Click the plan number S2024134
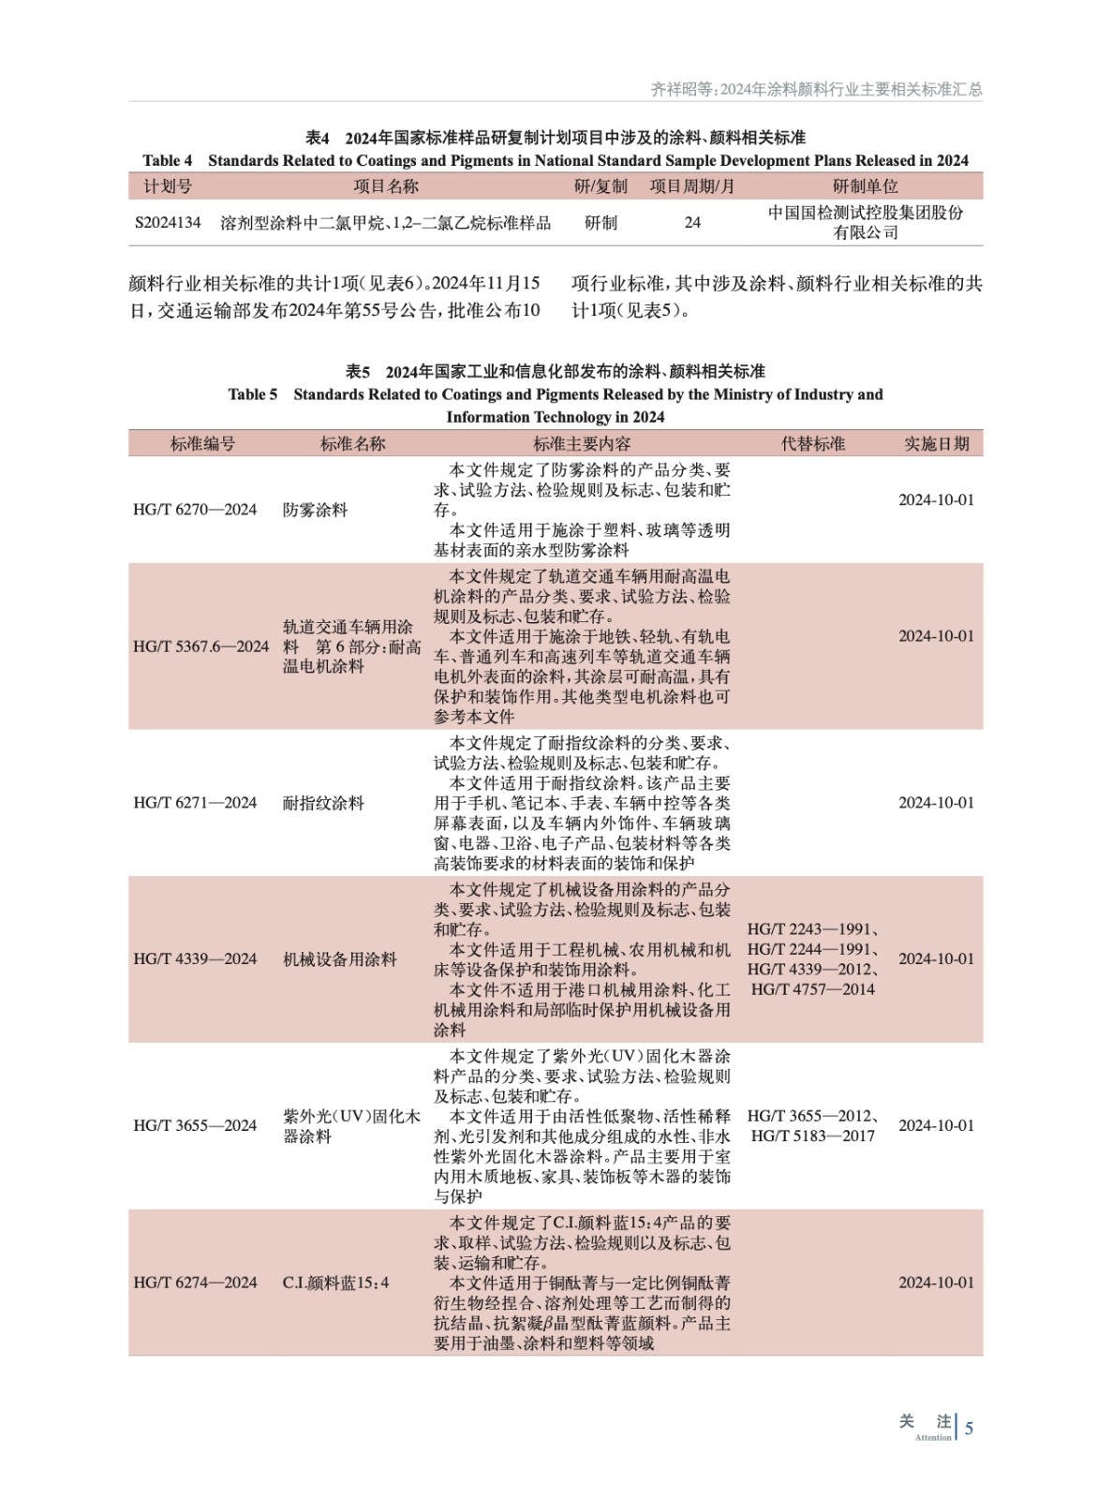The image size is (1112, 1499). tap(168, 223)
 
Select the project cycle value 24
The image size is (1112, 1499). tap(692, 223)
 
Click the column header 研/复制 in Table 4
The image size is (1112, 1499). tap(600, 186)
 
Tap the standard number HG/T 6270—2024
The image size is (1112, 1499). tap(195, 510)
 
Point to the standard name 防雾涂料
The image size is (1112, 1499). tap(315, 510)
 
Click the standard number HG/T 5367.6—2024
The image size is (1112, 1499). tap(200, 646)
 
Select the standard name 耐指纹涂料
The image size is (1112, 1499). tap(323, 803)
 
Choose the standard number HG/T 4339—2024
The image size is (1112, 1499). tap(195, 959)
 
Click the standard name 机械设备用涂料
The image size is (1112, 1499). tap(339, 959)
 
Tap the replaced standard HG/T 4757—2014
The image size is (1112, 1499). tap(812, 989)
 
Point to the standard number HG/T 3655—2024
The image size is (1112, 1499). tap(195, 1126)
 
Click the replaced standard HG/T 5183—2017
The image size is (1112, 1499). tap(812, 1136)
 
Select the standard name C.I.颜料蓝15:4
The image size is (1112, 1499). tap(335, 1283)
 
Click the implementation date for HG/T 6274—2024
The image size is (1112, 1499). tap(936, 1283)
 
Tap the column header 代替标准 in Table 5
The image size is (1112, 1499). tap(812, 444)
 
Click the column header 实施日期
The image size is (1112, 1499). tap(936, 444)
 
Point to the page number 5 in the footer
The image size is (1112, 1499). tap(969, 1429)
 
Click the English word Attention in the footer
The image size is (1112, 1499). tap(932, 1437)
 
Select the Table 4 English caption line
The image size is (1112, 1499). tap(556, 161)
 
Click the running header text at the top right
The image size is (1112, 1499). tap(816, 89)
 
